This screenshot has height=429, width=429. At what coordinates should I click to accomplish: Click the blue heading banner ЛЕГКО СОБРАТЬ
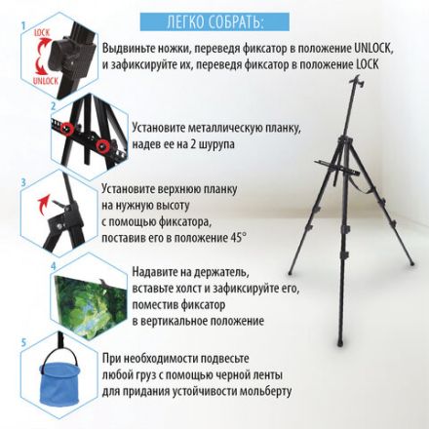[214, 21]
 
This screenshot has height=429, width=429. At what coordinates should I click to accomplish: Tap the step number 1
[23, 26]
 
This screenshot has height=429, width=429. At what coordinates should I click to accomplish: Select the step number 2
[54, 106]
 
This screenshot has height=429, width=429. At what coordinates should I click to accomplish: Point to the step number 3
[23, 182]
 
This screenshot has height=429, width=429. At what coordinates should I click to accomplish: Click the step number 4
[54, 266]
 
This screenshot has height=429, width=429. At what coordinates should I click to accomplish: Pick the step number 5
[23, 342]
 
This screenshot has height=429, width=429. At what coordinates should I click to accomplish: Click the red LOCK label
[42, 33]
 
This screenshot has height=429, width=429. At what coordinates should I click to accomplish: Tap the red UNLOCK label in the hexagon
[46, 81]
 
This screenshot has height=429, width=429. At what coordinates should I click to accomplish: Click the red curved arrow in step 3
[43, 204]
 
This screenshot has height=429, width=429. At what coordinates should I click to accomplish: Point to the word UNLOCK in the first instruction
[373, 49]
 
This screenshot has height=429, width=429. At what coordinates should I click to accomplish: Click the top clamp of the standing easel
[359, 81]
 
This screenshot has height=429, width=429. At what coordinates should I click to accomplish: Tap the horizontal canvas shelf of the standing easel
[337, 168]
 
